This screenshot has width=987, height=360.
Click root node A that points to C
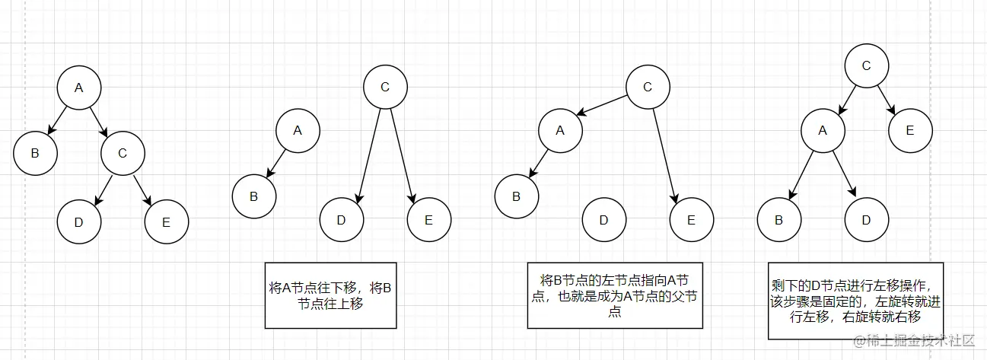[79, 88]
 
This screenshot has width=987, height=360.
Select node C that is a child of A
[123, 153]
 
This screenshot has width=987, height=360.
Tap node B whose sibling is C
[35, 153]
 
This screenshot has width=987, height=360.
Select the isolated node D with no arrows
[604, 220]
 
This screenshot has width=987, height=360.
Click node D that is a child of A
[866, 220]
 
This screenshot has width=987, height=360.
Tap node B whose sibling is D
[778, 220]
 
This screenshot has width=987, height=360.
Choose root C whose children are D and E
[385, 88]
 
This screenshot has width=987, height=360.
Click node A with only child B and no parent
[298, 131]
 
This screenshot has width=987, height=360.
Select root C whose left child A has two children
[866, 65]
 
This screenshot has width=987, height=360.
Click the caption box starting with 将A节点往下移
[331, 295]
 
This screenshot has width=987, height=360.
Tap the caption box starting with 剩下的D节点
[855, 301]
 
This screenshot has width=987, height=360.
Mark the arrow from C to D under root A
[103, 190]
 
